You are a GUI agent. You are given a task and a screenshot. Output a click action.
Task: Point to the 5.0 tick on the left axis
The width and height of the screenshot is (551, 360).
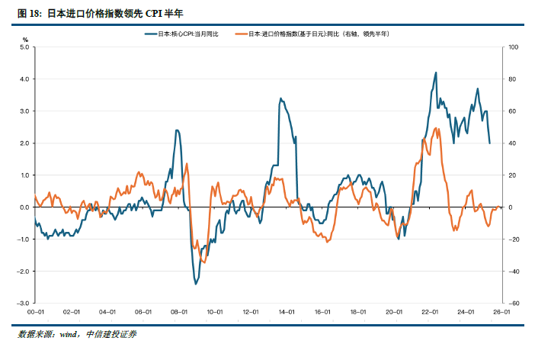click(24, 47)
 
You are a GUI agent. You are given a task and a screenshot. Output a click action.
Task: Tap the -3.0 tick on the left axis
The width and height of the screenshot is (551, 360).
click(23, 303)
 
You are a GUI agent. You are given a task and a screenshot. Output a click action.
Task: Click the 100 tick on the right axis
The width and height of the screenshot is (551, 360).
click(513, 47)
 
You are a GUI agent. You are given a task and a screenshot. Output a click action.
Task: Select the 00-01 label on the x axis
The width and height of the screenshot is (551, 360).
click(34, 312)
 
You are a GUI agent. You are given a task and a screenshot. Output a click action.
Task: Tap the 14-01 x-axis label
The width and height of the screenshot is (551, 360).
click(287, 312)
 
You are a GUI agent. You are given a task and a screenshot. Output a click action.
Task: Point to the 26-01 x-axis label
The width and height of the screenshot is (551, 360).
click(501, 312)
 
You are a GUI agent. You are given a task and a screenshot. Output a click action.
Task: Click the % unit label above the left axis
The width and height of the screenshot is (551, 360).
click(25, 39)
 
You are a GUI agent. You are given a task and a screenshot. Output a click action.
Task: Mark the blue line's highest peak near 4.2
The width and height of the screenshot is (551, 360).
click(435, 73)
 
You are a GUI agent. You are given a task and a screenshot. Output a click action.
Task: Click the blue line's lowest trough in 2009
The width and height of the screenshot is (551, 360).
click(196, 284)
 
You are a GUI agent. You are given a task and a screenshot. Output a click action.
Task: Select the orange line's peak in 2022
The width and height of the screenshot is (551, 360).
click(436, 128)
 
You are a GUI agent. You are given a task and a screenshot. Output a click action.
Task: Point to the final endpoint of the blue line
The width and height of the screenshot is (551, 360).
click(489, 143)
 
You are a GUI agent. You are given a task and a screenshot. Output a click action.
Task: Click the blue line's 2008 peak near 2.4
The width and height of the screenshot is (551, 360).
click(177, 130)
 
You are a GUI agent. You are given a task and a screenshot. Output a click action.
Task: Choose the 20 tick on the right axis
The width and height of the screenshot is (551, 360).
click(511, 175)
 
